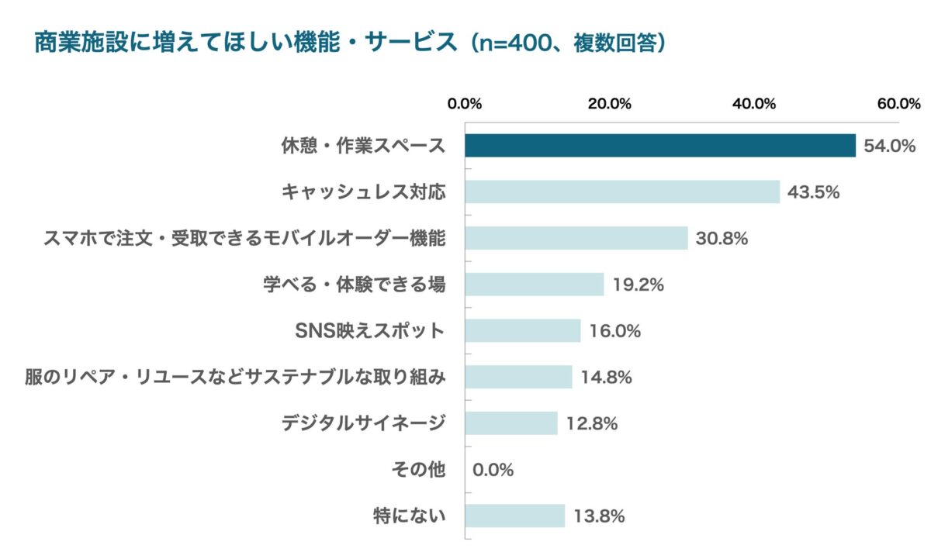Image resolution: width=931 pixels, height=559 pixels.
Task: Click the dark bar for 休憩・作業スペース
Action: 660,146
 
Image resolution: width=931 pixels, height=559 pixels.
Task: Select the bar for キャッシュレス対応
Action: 622,192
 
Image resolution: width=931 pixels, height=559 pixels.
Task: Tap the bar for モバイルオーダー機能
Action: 576,238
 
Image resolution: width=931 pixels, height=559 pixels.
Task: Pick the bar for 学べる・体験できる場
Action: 535,285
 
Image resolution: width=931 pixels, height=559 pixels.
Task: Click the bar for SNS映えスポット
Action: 523,330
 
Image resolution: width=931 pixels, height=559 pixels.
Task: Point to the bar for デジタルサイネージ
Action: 511,423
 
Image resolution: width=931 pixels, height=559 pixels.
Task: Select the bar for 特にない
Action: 515,516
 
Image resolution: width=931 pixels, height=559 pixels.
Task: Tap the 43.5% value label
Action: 814,192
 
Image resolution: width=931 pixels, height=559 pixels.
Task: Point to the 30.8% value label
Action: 722,239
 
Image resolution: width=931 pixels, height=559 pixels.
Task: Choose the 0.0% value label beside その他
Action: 493,470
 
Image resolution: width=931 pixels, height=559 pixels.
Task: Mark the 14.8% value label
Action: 606,378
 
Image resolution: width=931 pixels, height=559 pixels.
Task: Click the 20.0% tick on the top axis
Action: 610,104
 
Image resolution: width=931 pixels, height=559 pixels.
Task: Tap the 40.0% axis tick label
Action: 754,104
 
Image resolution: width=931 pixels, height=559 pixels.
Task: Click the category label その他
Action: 420,470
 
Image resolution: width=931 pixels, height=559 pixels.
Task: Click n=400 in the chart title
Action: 528,43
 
